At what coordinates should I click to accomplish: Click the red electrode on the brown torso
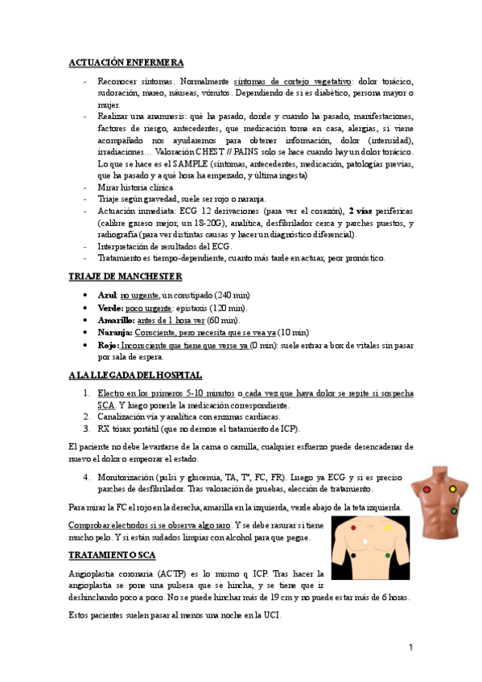[x=426, y=489]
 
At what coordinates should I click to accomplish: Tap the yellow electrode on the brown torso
[x=452, y=489]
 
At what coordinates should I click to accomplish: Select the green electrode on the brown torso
[x=453, y=510]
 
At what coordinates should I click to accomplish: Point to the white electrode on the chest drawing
[x=366, y=540]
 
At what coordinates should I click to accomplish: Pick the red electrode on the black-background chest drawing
[x=352, y=528]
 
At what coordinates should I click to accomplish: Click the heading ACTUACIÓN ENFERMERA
[x=126, y=62]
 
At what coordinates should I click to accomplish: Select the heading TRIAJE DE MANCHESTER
[x=126, y=277]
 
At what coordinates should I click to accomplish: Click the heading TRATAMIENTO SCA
[x=113, y=555]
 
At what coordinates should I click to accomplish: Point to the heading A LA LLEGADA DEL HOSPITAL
[x=135, y=375]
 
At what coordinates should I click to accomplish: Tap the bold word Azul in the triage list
[x=107, y=296]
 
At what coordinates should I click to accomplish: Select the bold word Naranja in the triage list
[x=115, y=331]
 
